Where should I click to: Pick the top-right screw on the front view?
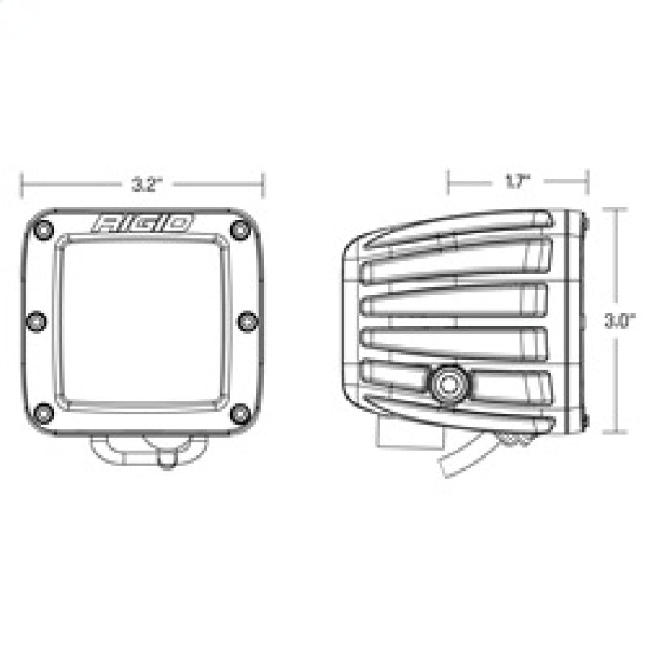click(239, 230)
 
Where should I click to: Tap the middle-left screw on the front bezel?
click(37, 321)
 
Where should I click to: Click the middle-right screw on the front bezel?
click(247, 321)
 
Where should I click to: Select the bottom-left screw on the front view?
click(45, 413)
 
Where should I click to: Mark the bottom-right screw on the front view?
click(239, 413)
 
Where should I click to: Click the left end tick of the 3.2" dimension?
click(23, 183)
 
